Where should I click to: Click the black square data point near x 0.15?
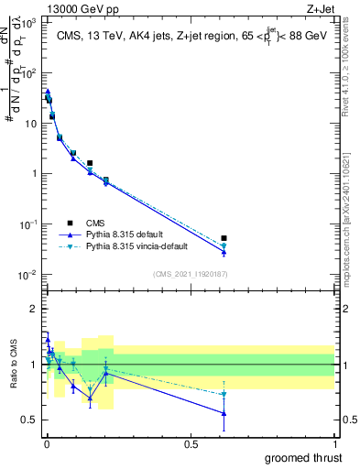click(90, 163)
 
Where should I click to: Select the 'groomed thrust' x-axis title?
click(303, 456)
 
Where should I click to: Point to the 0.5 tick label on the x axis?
click(191, 443)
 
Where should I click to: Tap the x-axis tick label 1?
click(334, 443)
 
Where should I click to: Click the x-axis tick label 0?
click(47, 443)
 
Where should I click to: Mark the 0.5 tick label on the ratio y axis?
click(30, 420)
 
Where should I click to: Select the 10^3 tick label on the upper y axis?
click(29, 21)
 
